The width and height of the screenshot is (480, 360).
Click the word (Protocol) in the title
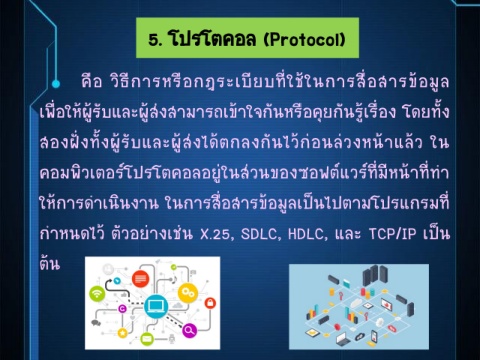pyautogui.click(x=305, y=40)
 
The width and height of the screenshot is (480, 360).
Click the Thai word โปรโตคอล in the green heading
pyautogui.click(x=212, y=39)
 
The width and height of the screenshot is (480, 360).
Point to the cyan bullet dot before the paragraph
pyautogui.click(x=56, y=84)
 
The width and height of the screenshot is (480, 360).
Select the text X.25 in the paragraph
pyautogui.click(x=215, y=234)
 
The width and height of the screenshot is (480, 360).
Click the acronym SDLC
pyautogui.click(x=259, y=234)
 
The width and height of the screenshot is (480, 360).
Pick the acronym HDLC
pyautogui.click(x=306, y=234)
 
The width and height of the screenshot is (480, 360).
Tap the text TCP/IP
pyautogui.click(x=393, y=234)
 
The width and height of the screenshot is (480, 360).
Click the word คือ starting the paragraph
pyautogui.click(x=91, y=81)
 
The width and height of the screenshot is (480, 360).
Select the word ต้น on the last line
pyautogui.click(x=50, y=263)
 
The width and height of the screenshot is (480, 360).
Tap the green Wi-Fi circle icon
pyautogui.click(x=97, y=294)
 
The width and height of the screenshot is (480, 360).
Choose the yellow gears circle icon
pyautogui.click(x=188, y=293)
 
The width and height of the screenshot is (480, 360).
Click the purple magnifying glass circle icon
pyautogui.click(x=189, y=330)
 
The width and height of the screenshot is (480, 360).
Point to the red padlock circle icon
pyautogui.click(x=210, y=303)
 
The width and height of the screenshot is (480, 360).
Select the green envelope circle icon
pyautogui.click(x=146, y=339)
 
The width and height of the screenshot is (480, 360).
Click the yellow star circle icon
pyautogui.click(x=122, y=333)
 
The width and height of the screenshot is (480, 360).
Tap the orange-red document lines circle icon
pyautogui.click(x=141, y=279)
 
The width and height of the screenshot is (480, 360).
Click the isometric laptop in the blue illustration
pyautogui.click(x=343, y=339)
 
